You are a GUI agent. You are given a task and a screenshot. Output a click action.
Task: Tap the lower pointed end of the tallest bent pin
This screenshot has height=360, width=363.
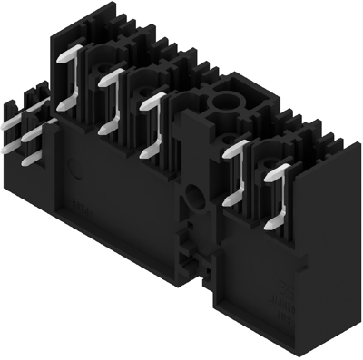point(61,106)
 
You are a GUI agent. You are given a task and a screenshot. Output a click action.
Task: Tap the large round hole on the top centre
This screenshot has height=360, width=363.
point(224,102)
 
